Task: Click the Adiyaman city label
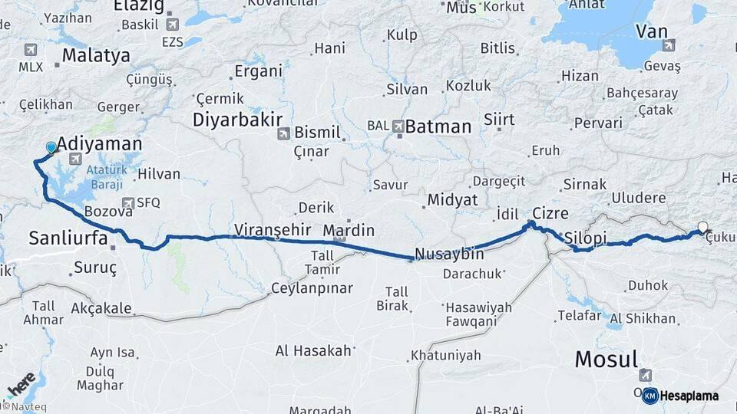pyautogui.click(x=99, y=143)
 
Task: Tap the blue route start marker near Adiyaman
pyautogui.click(x=51, y=147)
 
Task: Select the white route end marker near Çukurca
pyautogui.click(x=702, y=227)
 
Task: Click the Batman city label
pyautogui.click(x=438, y=127)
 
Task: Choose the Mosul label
pyautogui.click(x=606, y=359)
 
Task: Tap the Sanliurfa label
pyautogui.click(x=68, y=237)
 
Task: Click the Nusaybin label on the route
pyautogui.click(x=449, y=254)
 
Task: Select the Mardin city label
pyautogui.click(x=349, y=230)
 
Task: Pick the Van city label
pyautogui.click(x=651, y=31)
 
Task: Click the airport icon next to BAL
pyautogui.click(x=398, y=126)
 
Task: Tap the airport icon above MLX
pyautogui.click(x=31, y=51)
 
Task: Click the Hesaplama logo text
pyautogui.click(x=689, y=396)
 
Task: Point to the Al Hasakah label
pyautogui.click(x=313, y=351)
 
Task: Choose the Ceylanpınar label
pyautogui.click(x=312, y=288)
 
